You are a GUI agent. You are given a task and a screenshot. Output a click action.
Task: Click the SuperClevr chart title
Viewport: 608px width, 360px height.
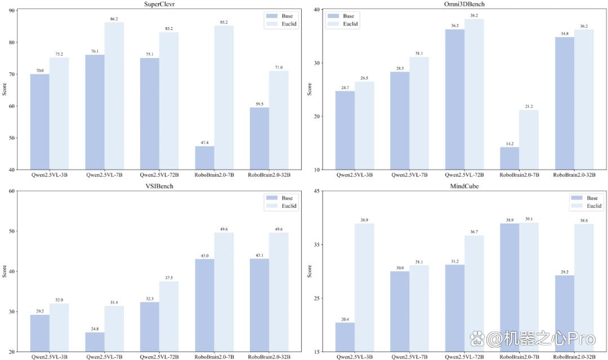click(159, 5)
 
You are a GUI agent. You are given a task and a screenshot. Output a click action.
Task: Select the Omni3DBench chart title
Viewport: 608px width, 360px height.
click(464, 5)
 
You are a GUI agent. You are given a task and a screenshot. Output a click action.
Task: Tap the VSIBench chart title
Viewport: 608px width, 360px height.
click(159, 186)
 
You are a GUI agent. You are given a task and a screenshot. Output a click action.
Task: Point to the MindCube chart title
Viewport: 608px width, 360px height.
click(464, 186)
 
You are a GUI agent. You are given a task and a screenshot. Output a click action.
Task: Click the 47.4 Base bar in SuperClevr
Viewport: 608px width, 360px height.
click(205, 158)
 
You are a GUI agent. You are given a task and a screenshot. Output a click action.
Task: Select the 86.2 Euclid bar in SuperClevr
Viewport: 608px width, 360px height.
click(114, 96)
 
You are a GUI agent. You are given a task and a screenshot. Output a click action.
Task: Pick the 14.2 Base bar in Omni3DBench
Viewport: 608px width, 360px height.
click(509, 158)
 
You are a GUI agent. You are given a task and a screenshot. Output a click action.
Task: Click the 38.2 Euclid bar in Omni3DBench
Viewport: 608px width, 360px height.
click(474, 94)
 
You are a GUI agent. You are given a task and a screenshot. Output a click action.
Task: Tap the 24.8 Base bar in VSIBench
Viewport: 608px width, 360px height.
click(95, 342)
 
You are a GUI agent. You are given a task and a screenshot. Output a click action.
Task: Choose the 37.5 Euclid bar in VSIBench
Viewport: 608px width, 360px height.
click(169, 317)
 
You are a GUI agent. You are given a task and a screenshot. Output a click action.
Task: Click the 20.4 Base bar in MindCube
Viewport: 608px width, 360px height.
click(345, 337)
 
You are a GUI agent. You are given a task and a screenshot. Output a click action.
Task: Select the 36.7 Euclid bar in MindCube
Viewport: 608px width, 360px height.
click(474, 294)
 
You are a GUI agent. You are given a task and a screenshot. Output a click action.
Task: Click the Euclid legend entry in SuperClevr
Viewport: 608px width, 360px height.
click(281, 24)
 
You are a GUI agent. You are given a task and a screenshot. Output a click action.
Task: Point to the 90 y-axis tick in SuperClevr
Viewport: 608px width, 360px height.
click(12, 11)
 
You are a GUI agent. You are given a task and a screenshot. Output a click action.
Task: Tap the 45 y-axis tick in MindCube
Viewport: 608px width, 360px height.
click(317, 191)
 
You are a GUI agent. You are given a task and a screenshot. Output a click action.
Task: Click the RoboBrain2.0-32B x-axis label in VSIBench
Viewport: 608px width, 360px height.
click(269, 357)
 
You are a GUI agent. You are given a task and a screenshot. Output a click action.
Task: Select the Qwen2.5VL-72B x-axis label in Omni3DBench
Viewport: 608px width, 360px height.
click(464, 175)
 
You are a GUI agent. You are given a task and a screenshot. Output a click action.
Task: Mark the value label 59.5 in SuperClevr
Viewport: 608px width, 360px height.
click(260, 104)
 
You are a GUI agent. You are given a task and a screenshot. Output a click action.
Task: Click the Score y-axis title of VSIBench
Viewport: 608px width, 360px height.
click(5, 271)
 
